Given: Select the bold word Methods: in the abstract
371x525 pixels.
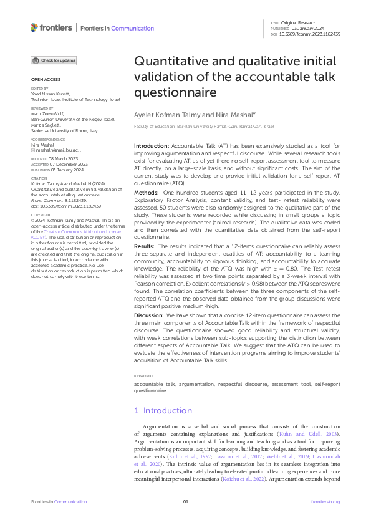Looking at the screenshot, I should [147, 193].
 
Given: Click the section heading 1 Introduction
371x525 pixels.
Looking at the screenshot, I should [163, 411].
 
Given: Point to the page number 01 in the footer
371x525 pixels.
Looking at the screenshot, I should [185, 502].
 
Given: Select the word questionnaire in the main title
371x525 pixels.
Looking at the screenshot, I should [176, 92].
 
